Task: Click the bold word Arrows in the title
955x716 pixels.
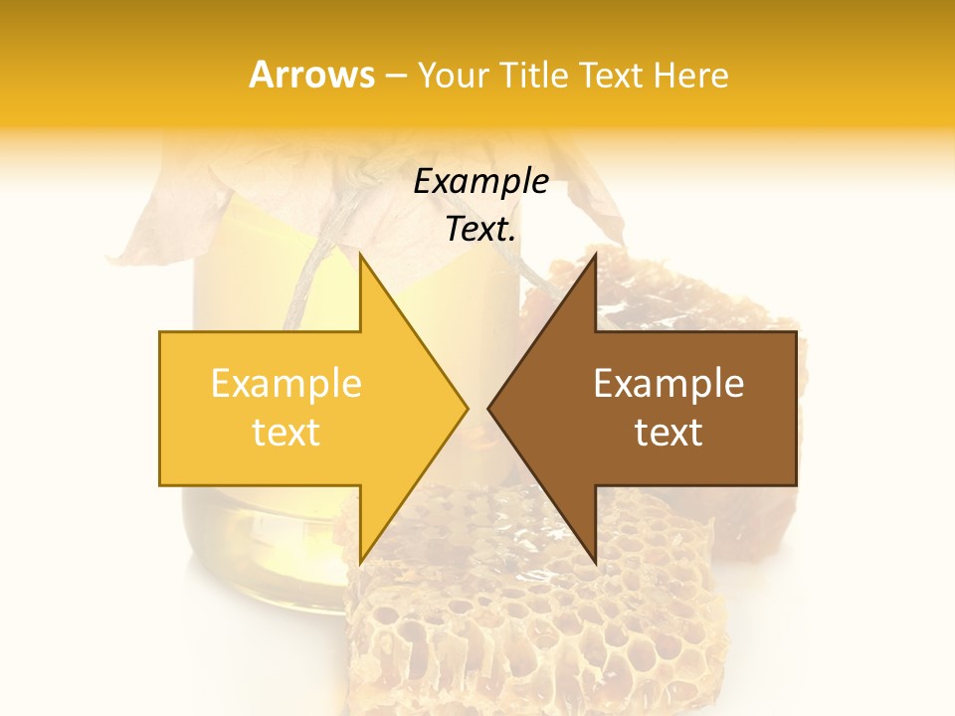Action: tap(311, 76)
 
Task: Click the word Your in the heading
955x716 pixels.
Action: tap(453, 76)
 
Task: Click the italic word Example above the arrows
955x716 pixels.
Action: tap(480, 182)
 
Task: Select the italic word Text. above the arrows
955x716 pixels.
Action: tap(480, 230)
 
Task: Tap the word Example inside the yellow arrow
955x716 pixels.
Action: tap(286, 384)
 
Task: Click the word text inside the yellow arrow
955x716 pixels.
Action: tap(286, 433)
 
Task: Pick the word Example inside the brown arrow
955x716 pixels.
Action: tap(668, 384)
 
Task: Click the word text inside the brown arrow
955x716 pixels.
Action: tap(668, 433)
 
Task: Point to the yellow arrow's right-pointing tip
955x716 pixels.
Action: tap(466, 409)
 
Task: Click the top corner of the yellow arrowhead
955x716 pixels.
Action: tap(360, 256)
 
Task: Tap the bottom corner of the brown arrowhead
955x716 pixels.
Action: tap(595, 563)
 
